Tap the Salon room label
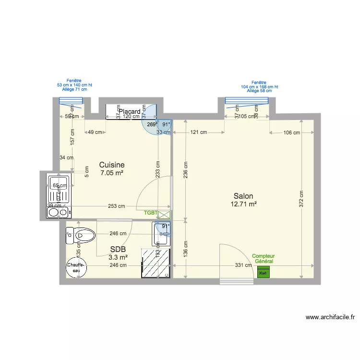(243, 196)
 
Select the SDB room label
(118, 249)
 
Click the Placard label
(130, 112)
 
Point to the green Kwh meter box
(263, 272)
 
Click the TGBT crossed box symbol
(164, 215)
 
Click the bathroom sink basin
(162, 230)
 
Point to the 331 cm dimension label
(243, 265)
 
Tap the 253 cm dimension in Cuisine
(116, 206)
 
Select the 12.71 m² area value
(243, 204)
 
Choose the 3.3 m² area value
(118, 257)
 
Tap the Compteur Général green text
(263, 259)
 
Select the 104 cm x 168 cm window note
(259, 87)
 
